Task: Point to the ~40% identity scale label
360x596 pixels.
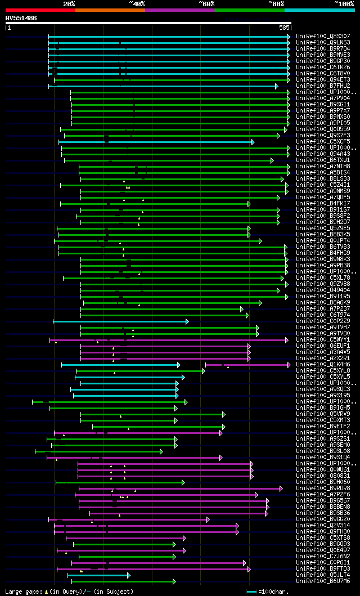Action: [x=137, y=3]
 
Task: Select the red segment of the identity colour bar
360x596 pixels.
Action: [x=40, y=10]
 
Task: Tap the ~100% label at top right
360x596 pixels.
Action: [x=344, y=3]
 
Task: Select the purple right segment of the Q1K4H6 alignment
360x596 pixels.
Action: [x=247, y=365]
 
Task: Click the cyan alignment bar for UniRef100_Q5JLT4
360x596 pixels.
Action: [x=98, y=575]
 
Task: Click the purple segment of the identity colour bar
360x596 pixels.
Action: [x=179, y=10]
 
